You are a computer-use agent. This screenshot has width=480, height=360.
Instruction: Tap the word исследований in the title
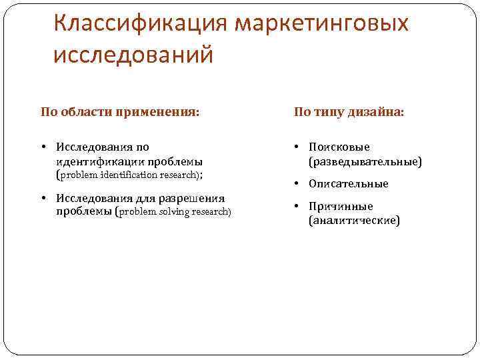pos(133,55)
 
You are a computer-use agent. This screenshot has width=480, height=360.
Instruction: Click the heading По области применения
pos(120,112)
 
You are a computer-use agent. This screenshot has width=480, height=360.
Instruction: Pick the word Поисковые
pos(339,147)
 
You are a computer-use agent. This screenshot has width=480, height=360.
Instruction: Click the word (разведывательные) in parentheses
pos(365,161)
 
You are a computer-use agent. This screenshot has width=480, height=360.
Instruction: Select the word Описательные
pos(348,184)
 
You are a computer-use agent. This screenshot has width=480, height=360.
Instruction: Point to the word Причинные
pos(341,206)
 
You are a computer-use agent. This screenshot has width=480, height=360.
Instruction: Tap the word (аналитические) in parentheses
pos(354,221)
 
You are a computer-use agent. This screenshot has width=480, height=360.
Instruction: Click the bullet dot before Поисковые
pos(298,147)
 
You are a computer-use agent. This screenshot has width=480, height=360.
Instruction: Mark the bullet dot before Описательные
pos(298,184)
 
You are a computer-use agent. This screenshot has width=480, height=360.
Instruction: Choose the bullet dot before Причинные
pos(298,206)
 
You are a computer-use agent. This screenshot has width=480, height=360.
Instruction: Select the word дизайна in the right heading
pos(378,112)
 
